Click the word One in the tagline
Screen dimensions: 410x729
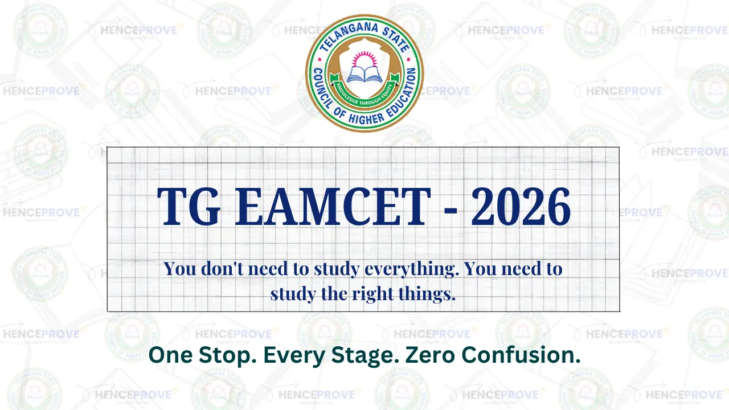pos(170,355)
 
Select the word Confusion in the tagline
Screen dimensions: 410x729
pos(521,355)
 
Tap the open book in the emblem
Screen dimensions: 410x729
pos(364,73)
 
